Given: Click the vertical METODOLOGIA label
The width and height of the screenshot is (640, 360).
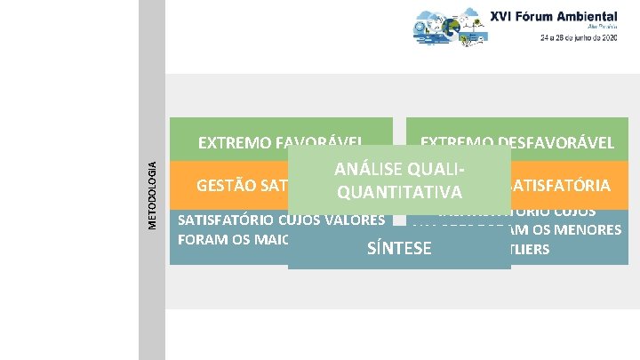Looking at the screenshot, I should click(x=152, y=194).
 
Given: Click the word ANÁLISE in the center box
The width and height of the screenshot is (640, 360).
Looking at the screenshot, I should click(x=366, y=169).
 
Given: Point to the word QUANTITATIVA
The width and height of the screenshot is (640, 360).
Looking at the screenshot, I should click(x=397, y=193).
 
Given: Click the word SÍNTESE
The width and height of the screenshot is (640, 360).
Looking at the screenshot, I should click(x=399, y=249).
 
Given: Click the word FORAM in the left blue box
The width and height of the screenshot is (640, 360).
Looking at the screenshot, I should click(x=201, y=239).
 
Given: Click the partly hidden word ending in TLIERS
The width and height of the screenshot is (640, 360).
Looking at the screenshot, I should click(x=530, y=249).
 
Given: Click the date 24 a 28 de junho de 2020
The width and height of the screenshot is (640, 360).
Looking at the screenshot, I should click(x=579, y=38).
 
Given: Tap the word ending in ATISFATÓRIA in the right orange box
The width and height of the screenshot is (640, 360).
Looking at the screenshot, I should click(x=560, y=186).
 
